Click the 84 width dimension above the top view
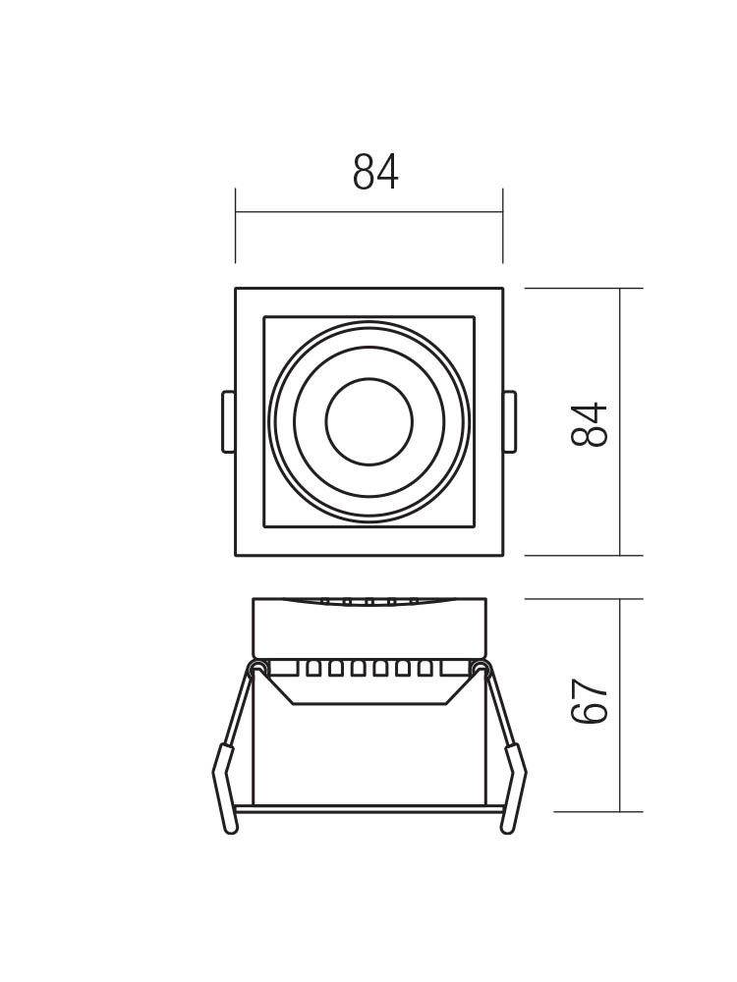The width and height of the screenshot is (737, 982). pos(375,172)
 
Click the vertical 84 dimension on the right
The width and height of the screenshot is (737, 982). pos(590,424)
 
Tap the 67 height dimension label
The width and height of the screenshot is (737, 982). pos(590,701)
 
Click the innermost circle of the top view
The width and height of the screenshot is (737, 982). pos(369,421)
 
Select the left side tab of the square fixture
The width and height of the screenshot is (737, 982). pos(228,421)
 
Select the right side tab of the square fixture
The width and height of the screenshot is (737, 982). pos(509,421)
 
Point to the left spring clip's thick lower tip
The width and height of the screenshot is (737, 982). pos(224,790)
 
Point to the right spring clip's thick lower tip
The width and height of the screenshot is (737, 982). pos(514,790)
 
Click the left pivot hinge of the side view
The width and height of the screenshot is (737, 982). pos(256,667)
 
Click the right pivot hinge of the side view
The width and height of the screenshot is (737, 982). pos(481,667)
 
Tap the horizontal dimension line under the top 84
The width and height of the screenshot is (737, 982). pos(369,212)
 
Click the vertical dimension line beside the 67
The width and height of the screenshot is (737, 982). pos(620,705)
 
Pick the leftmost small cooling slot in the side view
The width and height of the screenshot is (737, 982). pos(312,668)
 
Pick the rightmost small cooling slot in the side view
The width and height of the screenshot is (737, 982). pos(425,668)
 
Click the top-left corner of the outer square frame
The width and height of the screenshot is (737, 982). pos(236,288)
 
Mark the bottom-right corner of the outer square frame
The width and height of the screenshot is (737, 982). pos(503,556)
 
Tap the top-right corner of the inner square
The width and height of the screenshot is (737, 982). pos(475,317)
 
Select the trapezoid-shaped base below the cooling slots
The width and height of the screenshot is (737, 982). pos(369,689)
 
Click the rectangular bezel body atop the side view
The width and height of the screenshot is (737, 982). pos(369,628)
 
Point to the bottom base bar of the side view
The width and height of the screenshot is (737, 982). pos(369,808)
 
